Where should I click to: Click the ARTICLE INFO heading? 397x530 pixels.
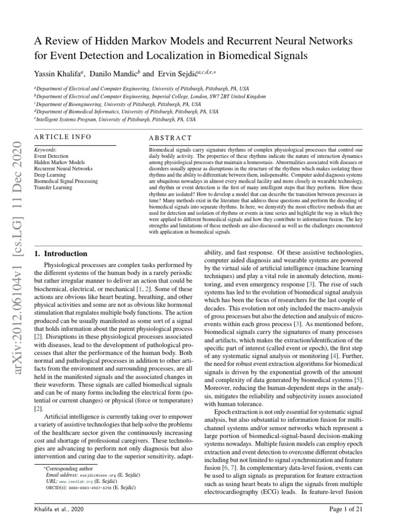(62, 137)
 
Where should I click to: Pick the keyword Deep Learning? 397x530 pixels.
(51, 174)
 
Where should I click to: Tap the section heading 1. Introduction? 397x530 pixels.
(61, 254)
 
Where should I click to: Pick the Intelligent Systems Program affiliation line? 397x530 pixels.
(115, 119)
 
